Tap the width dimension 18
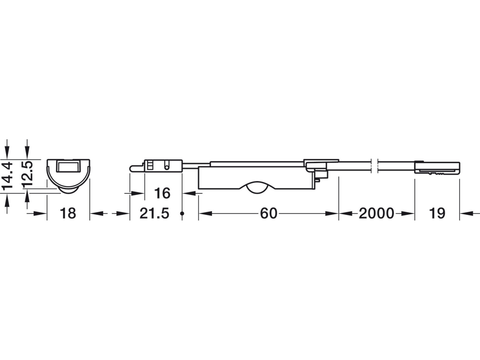(x=68, y=213)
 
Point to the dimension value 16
(x=162, y=193)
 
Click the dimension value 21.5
(x=154, y=213)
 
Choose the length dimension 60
(x=269, y=213)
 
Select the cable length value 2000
(x=376, y=213)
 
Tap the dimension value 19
(x=437, y=213)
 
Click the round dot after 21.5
(x=182, y=213)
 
